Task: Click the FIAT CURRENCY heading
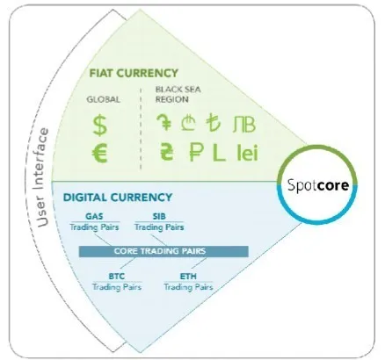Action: (x=134, y=73)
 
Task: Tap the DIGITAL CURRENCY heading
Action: (x=118, y=198)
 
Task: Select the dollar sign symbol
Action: (x=100, y=126)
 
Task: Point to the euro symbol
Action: (x=100, y=155)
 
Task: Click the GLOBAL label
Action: (x=103, y=99)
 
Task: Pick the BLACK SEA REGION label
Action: (x=178, y=94)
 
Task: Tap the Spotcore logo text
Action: (x=318, y=185)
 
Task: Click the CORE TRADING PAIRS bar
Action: (x=163, y=251)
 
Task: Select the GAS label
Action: (x=94, y=216)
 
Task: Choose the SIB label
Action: (x=159, y=216)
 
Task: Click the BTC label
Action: (x=117, y=276)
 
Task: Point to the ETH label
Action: (x=188, y=276)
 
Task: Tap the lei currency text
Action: (x=247, y=153)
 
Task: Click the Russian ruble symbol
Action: (x=196, y=152)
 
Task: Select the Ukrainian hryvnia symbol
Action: (x=167, y=151)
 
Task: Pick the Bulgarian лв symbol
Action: (x=244, y=124)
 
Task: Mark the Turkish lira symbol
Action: (x=213, y=123)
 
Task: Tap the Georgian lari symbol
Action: (x=188, y=123)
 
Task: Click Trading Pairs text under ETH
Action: (x=188, y=287)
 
